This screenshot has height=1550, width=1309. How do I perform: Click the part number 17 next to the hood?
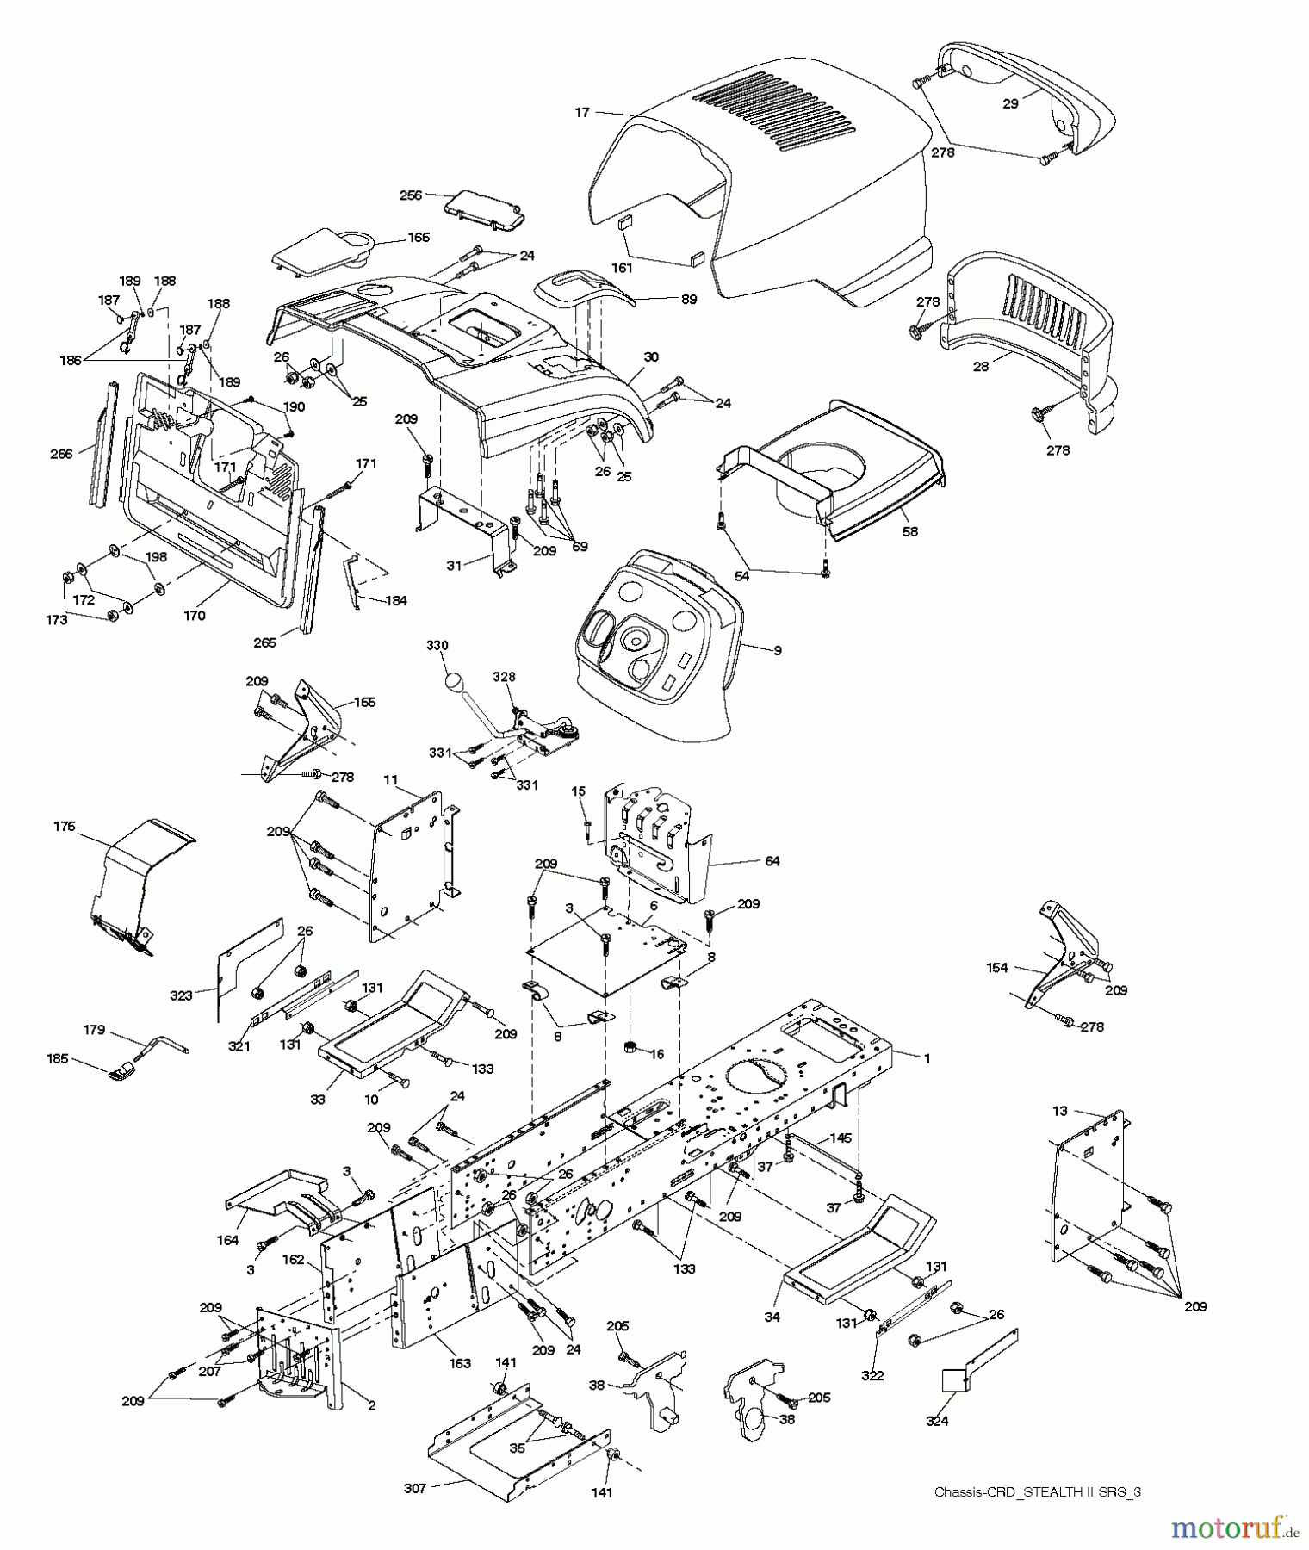coord(582,112)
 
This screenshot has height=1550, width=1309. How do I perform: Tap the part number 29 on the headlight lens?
coord(1011,103)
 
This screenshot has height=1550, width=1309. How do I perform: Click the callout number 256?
coord(411,195)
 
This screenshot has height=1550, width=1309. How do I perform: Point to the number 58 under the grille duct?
coord(909,531)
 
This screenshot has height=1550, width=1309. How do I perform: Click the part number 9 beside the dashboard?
coord(777,651)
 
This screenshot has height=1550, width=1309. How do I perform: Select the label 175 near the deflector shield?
coord(64,827)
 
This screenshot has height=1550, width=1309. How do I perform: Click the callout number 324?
coord(937,1421)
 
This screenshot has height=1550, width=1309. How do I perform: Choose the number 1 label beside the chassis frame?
coord(927,1058)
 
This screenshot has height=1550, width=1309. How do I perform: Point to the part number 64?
coord(772,860)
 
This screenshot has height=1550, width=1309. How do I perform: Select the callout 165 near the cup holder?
coord(419,237)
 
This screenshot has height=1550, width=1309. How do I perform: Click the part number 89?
coord(689,300)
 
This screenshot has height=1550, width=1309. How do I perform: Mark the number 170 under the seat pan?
coord(195,616)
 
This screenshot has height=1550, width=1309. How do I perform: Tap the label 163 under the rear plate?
coord(460,1363)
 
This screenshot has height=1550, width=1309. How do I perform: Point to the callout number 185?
coord(58,1061)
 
